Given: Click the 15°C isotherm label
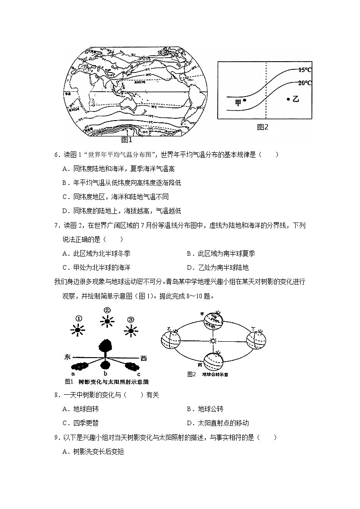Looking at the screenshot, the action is [x=305, y=70].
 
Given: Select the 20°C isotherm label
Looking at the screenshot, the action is [x=305, y=83].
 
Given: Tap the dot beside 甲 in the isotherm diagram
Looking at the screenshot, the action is [x=244, y=100].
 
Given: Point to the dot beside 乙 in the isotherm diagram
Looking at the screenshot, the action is [x=288, y=98].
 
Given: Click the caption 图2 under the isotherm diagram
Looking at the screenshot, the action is [x=263, y=127].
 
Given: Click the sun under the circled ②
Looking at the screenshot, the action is [x=107, y=322].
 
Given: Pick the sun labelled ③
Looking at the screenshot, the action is [x=131, y=331].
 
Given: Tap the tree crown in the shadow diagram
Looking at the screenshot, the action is [x=106, y=347].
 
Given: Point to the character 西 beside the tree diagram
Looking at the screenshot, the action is [x=143, y=358].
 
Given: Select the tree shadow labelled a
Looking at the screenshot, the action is [x=80, y=366].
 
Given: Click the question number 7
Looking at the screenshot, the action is [x=57, y=225].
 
